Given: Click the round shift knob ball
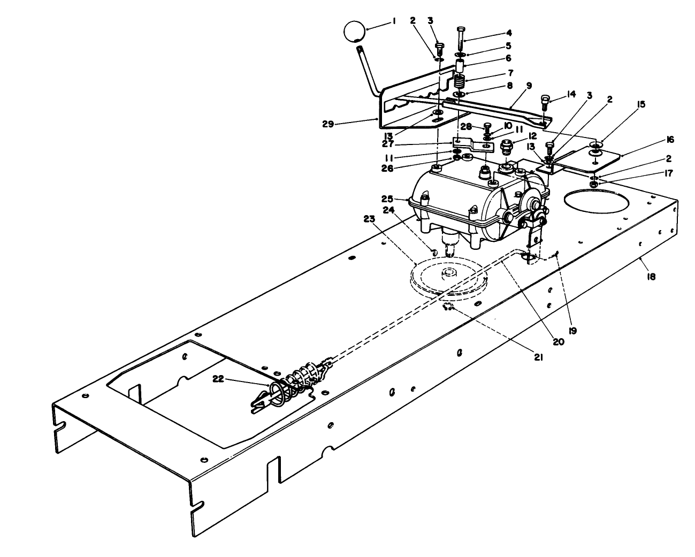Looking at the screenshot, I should pos(352,31).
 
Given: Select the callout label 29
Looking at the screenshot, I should pos(328,124).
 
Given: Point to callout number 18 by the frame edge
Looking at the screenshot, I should pos(651,277).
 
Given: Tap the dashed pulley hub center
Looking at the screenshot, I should pos(446,274).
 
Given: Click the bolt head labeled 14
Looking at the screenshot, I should pos(544,98).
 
